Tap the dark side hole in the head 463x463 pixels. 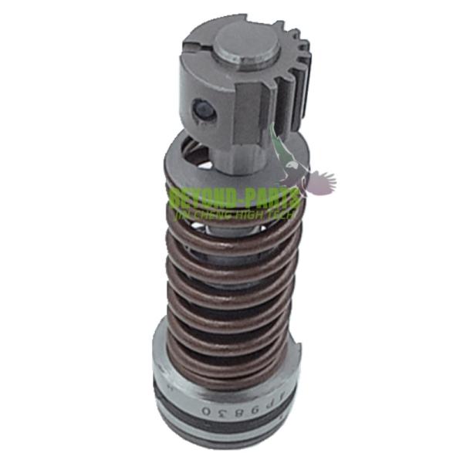pos(204,109)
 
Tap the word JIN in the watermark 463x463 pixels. pos(186,209)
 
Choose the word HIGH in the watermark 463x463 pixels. pos(258,209)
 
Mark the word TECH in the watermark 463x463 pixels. pos(289,209)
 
